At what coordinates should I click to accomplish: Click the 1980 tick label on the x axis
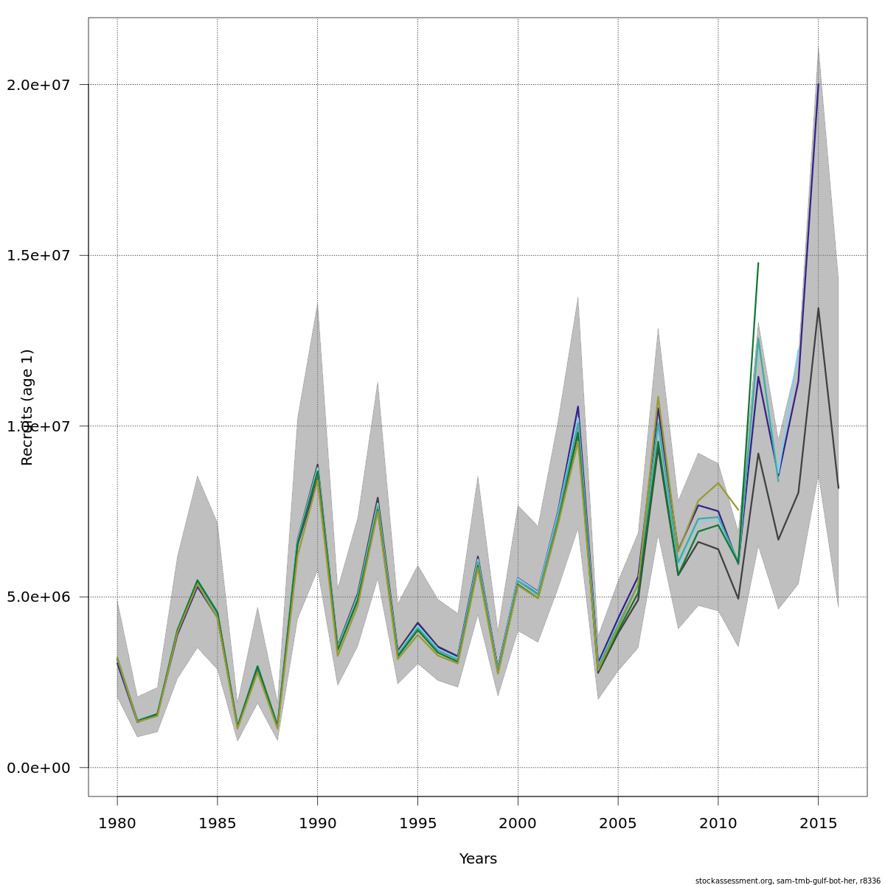click(x=117, y=822)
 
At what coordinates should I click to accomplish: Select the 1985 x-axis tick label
click(x=218, y=822)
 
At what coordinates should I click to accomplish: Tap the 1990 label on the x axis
click(x=317, y=822)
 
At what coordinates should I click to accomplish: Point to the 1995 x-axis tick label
click(x=417, y=822)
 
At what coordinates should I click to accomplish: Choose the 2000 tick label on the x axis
click(x=518, y=822)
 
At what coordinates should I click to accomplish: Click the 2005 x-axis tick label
click(x=618, y=822)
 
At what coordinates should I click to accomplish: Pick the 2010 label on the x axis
click(x=718, y=822)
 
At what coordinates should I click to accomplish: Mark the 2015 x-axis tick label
click(x=818, y=822)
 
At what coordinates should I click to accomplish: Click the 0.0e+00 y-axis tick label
click(x=39, y=768)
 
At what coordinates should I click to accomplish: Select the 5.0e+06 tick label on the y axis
click(x=39, y=597)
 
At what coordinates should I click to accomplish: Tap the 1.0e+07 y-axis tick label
click(x=39, y=426)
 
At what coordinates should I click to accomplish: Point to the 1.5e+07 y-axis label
click(x=39, y=255)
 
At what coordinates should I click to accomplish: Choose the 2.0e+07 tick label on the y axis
click(x=39, y=85)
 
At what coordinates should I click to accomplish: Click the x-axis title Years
click(x=478, y=859)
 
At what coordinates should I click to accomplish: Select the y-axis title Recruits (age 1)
click(x=27, y=407)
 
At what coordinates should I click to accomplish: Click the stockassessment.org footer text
click(x=788, y=881)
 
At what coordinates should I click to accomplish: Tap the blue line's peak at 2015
click(x=818, y=84)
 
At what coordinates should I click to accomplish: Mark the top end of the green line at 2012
click(x=758, y=263)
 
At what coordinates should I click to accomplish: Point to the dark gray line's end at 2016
click(x=838, y=487)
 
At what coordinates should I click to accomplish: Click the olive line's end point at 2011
click(x=738, y=510)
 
